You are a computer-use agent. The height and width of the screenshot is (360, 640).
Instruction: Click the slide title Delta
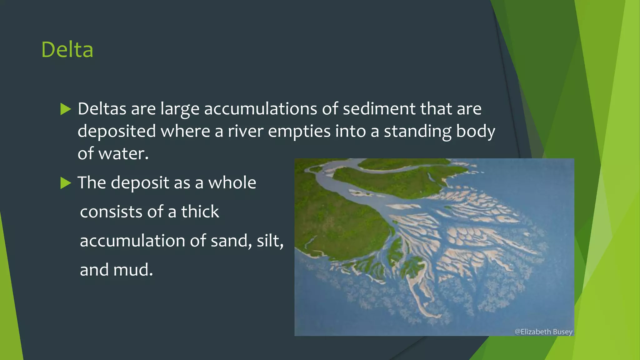tap(67, 50)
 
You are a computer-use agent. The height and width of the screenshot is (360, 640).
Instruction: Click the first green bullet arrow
tap(66, 109)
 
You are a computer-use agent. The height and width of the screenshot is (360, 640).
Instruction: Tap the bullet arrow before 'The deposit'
tap(66, 183)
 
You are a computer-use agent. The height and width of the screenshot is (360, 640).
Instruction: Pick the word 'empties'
tap(299, 131)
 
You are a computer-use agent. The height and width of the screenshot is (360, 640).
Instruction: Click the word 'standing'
tap(417, 131)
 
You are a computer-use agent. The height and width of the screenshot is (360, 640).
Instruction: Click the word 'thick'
tap(200, 212)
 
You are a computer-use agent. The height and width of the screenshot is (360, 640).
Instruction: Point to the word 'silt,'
tap(270, 241)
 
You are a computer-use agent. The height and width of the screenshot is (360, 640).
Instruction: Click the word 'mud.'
tap(133, 270)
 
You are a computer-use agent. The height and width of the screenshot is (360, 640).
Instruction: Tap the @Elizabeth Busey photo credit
tap(543, 332)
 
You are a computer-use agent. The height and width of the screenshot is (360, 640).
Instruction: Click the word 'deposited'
tap(117, 131)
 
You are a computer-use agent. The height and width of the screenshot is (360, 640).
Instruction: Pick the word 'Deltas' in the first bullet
tap(102, 109)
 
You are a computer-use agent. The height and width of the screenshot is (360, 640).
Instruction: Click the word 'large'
tap(180, 109)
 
